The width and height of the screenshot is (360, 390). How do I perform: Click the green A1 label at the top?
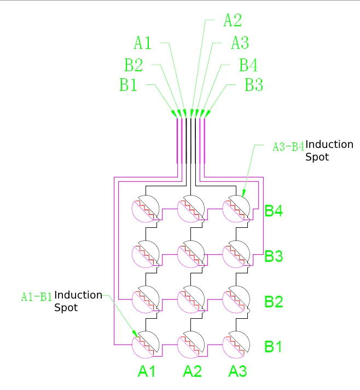[143, 42]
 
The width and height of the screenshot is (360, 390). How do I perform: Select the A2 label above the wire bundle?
[233, 20]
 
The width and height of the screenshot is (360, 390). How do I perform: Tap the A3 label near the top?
[240, 42]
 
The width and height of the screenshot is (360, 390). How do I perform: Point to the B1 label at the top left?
[129, 85]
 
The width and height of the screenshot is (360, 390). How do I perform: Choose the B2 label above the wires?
[133, 65]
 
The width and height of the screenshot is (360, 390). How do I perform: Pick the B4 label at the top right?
[248, 65]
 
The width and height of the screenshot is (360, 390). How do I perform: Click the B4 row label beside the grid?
[274, 211]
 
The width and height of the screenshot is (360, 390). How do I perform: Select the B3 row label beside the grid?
[274, 256]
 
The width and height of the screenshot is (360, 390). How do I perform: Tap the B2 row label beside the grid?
[274, 302]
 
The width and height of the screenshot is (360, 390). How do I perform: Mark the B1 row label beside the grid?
[274, 347]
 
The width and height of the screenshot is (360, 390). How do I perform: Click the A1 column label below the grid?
[147, 372]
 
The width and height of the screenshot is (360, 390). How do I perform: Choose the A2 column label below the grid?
[192, 372]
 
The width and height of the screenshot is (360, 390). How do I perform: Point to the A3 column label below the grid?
[237, 372]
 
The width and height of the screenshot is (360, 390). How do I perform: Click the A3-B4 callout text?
[288, 147]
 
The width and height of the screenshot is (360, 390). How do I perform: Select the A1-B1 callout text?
[37, 297]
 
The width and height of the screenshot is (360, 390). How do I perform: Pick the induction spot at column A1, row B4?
[146, 209]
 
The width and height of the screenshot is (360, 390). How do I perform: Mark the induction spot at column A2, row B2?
[191, 299]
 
